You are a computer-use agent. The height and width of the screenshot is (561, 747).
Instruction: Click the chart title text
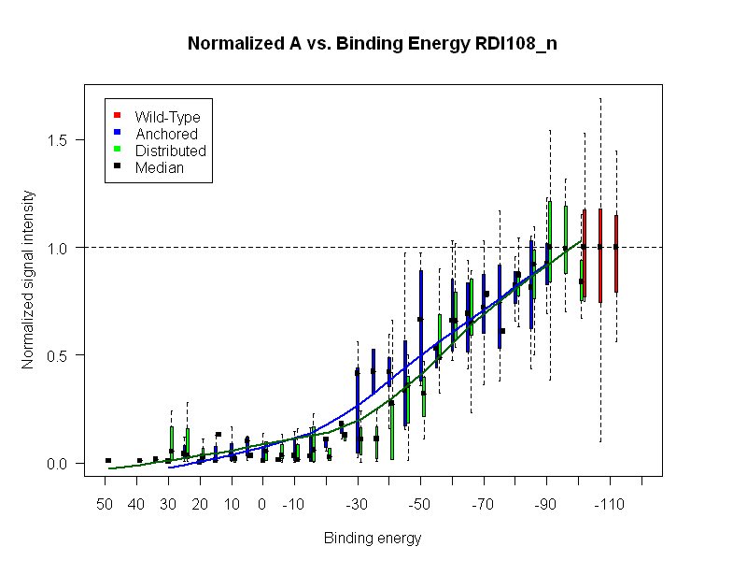[373, 44]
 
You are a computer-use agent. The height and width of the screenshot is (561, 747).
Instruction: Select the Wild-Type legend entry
[167, 117]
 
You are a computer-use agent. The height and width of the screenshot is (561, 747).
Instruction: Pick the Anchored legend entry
[166, 134]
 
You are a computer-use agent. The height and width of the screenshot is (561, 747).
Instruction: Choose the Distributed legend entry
[170, 151]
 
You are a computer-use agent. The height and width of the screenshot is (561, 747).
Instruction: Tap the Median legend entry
[159, 168]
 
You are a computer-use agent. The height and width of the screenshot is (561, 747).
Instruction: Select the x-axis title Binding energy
[373, 539]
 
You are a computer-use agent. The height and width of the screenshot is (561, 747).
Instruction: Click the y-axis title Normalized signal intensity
[29, 280]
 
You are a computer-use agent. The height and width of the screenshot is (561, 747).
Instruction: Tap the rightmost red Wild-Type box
[616, 253]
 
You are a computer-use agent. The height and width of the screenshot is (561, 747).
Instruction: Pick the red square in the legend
[118, 116]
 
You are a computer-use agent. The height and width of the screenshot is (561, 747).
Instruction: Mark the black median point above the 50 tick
[108, 460]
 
